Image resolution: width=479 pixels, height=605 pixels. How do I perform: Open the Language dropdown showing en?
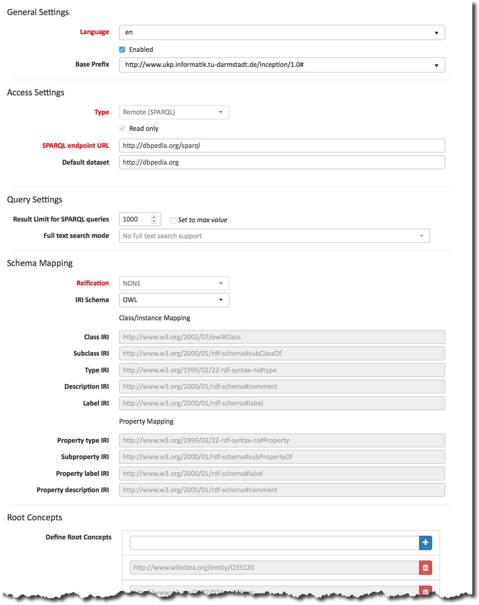point(282,32)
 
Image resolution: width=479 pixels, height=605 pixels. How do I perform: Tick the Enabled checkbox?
point(122,50)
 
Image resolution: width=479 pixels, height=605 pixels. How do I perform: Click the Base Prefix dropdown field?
point(282,65)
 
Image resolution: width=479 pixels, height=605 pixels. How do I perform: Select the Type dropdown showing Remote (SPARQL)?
point(174,112)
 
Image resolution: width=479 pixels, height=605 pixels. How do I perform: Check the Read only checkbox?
point(122,128)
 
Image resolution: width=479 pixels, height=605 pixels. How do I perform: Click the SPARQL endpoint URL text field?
point(282,146)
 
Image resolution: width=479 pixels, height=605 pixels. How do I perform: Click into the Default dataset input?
point(282,162)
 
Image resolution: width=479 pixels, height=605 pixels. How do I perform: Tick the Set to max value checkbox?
point(174,220)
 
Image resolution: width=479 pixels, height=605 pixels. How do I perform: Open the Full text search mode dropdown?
point(274,236)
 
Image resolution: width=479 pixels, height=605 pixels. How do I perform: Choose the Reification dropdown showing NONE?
point(174,283)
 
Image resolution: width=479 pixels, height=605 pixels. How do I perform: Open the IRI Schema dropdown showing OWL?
point(174,300)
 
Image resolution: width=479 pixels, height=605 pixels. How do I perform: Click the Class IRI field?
point(282,337)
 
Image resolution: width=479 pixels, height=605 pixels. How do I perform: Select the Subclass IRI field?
point(282,353)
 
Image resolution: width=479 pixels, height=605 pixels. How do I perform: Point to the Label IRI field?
point(282,403)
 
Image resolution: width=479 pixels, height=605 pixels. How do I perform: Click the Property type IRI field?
point(282,440)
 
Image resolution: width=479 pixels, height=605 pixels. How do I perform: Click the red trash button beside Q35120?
point(425,568)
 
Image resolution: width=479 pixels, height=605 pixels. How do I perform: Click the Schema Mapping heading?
point(40,263)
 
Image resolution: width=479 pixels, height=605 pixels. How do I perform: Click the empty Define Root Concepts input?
point(274,543)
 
